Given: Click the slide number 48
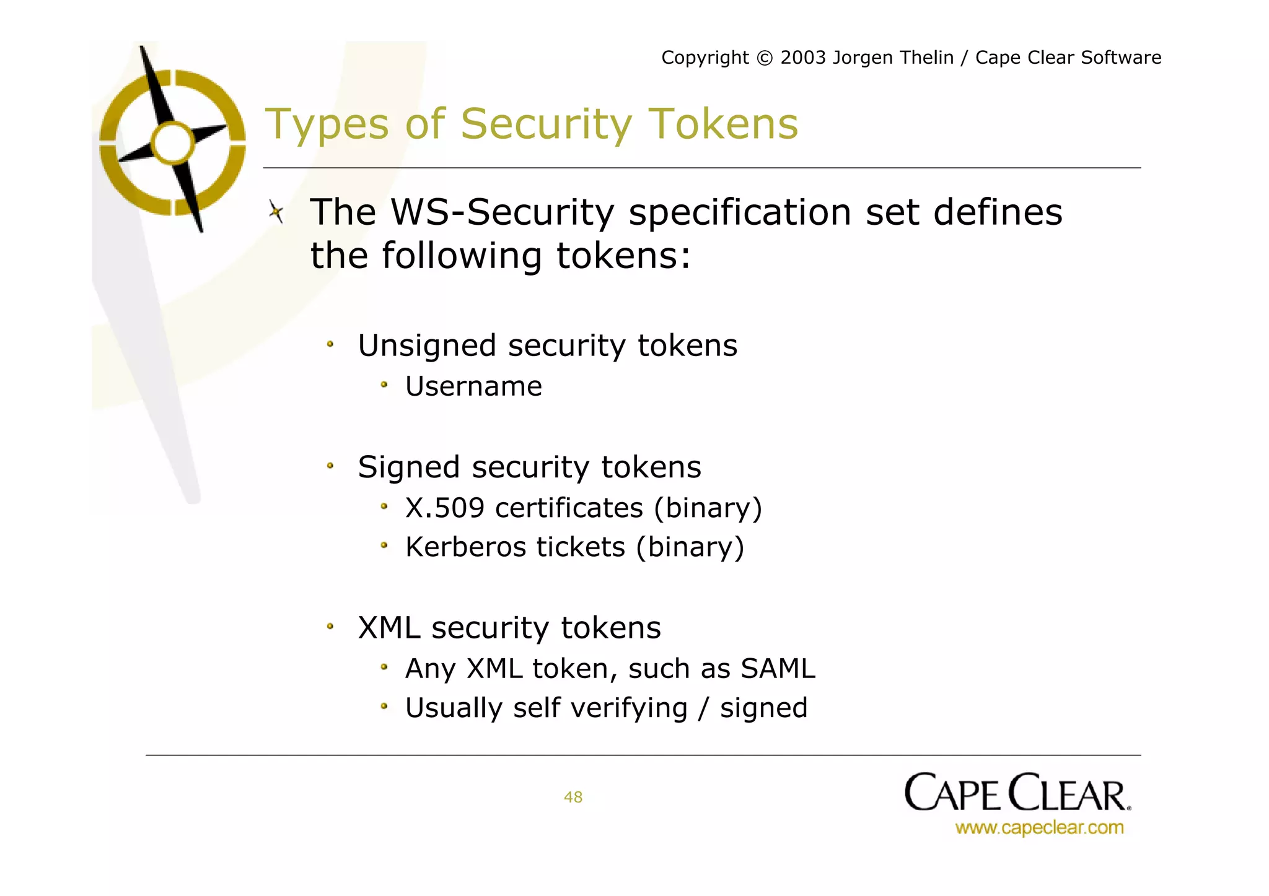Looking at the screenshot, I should [x=573, y=797].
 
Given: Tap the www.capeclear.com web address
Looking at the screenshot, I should [x=1039, y=828].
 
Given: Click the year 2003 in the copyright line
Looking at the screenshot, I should [x=803, y=58].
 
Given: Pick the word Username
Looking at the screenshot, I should [x=473, y=386].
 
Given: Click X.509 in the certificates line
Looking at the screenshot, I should [x=444, y=508].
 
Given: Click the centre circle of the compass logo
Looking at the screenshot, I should [x=173, y=143].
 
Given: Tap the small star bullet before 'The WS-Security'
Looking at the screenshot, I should [x=276, y=212].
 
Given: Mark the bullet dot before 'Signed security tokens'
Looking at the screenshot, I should [x=330, y=466].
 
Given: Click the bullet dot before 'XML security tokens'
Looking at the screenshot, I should [x=330, y=627].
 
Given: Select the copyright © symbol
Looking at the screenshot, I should [x=765, y=58].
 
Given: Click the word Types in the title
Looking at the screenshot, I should [x=327, y=124].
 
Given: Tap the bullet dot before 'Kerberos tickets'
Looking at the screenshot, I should [x=384, y=546].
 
